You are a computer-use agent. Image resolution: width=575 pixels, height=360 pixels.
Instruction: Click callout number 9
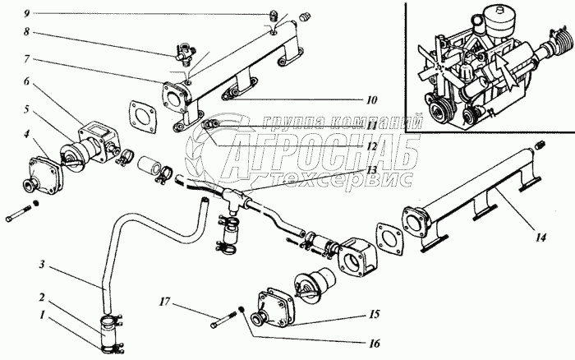[x=27, y=14]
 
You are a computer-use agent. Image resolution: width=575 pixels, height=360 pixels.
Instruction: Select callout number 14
[x=540, y=238]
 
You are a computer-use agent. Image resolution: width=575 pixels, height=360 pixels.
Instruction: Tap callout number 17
[x=165, y=302]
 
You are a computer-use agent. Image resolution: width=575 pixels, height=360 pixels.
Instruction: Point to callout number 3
[x=42, y=264]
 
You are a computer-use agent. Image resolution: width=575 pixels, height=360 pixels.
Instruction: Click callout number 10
[x=371, y=99]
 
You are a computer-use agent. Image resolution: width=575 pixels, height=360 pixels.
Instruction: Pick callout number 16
[x=374, y=344]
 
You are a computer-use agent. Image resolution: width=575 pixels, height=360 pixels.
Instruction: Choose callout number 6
[x=26, y=81]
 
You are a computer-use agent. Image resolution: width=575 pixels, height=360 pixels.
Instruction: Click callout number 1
[x=42, y=315]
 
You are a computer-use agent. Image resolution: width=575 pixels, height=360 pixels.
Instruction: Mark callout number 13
[x=371, y=169]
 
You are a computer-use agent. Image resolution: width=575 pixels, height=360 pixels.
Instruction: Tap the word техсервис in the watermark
[x=343, y=179]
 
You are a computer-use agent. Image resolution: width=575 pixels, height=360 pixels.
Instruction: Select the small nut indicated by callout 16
[x=241, y=311]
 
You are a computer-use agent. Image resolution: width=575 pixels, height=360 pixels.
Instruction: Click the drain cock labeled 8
[x=185, y=53]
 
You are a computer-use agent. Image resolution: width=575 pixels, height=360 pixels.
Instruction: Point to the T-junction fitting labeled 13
[x=233, y=199]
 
